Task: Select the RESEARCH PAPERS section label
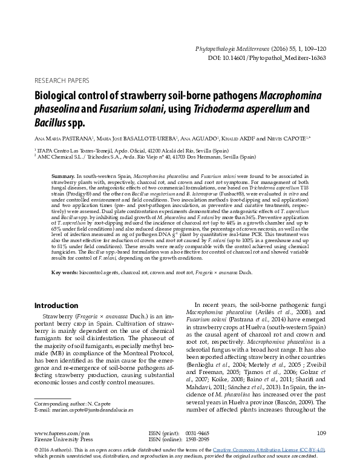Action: click(x=62, y=80)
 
